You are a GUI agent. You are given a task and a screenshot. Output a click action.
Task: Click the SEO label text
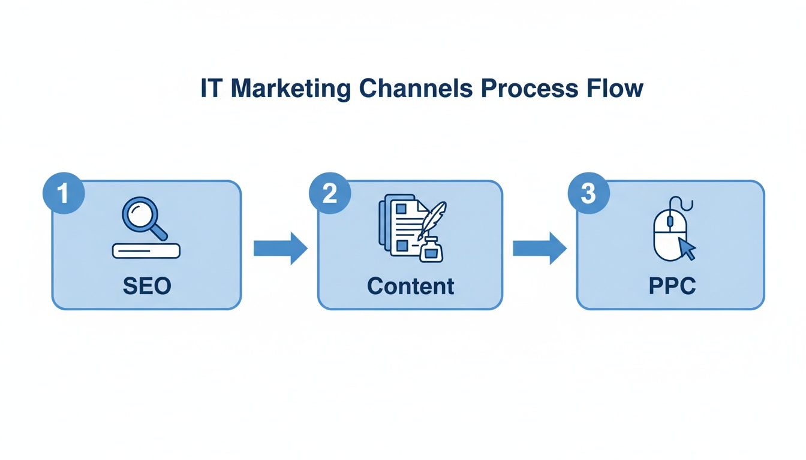[x=147, y=286]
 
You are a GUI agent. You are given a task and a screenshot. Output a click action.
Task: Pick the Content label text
[x=411, y=286]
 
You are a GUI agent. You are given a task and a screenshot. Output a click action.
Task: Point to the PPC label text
[x=672, y=286]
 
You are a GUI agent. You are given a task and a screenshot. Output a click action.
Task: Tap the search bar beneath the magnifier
[x=146, y=251]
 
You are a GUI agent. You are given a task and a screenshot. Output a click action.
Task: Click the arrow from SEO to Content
[x=279, y=247]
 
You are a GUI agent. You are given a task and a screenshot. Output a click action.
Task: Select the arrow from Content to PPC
[x=539, y=247]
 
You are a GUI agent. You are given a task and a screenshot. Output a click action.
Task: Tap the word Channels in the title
[x=417, y=89]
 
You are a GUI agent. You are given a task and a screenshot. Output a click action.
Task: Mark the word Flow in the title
[x=615, y=89]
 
